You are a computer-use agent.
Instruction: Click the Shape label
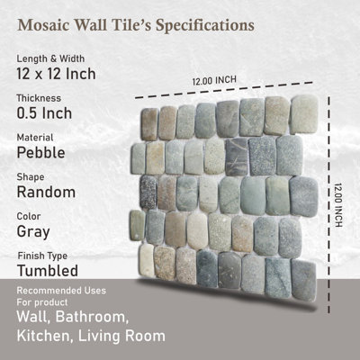34,176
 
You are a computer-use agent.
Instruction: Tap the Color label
31,216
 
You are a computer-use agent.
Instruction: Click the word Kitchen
44,337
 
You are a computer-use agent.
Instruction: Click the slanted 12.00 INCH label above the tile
213,81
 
